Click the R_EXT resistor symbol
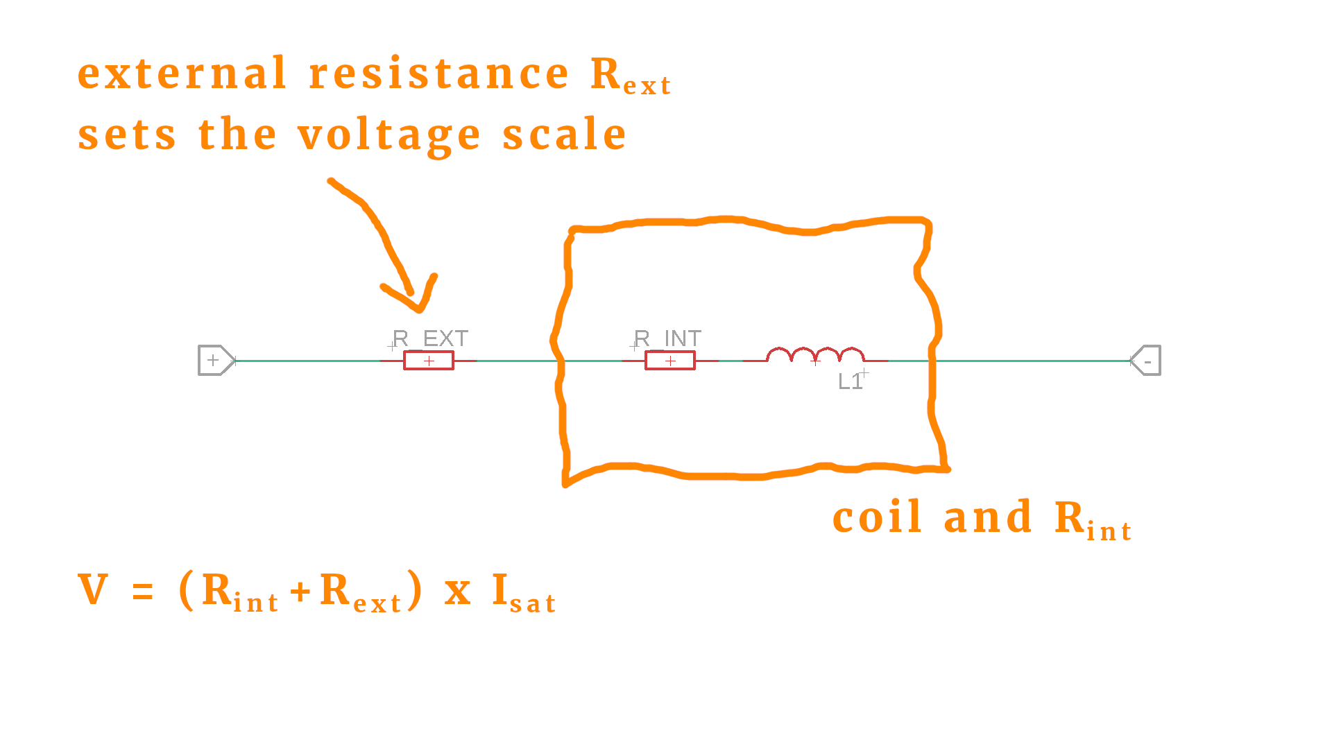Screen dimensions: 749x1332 pos(429,361)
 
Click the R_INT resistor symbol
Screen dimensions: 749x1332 pos(669,361)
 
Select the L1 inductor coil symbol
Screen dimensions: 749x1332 pos(815,356)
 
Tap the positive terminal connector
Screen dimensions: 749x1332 pos(216,361)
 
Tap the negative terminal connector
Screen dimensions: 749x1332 pos(1146,361)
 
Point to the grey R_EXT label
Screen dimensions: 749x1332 pos(431,338)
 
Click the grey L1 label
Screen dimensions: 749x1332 pos(850,381)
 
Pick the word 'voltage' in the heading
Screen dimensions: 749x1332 pos(388,135)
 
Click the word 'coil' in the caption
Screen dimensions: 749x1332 pos(877,517)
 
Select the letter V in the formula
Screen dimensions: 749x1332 pos(93,590)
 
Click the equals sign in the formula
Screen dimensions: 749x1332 pos(142,592)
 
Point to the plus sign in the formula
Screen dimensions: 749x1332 pos(300,592)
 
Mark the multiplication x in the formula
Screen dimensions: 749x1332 pos(457,593)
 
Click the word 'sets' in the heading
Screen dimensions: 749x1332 pos(127,135)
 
